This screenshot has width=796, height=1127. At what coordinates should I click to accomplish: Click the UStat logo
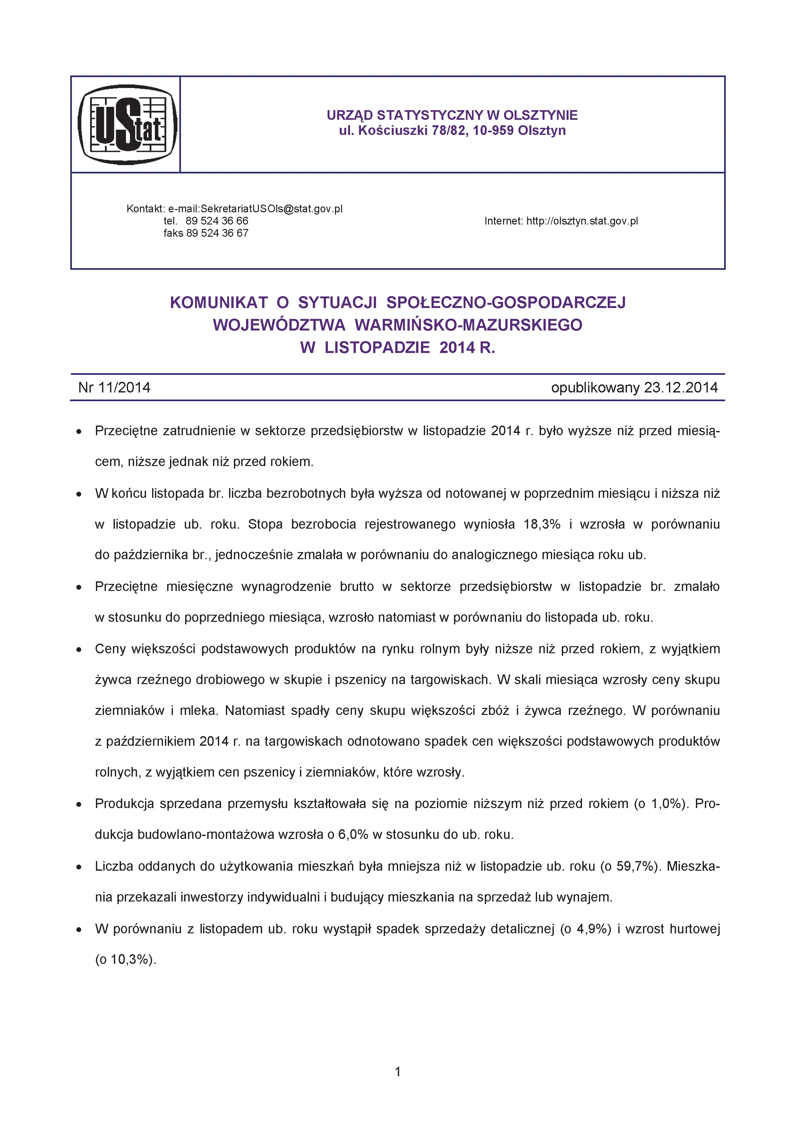tap(127, 124)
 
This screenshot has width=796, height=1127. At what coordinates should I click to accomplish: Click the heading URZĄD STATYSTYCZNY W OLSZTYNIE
tap(452, 115)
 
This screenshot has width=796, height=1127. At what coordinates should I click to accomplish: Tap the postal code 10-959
tap(493, 131)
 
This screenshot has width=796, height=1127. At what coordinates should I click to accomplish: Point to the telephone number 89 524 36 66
tap(217, 221)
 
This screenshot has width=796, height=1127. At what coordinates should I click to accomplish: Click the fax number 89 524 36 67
tap(217, 233)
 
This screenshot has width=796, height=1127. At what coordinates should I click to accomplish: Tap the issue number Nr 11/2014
tap(114, 388)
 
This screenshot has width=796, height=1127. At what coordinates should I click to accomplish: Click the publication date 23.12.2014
tap(681, 388)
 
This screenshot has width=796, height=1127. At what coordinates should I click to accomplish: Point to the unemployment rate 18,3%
tap(542, 524)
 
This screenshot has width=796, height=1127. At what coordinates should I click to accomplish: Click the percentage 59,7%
tap(637, 866)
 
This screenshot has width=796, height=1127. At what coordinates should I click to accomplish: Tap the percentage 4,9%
tap(593, 929)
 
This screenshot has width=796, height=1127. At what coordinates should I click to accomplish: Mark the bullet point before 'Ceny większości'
tap(79, 650)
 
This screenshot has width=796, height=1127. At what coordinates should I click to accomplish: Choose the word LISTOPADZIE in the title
tap(377, 348)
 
